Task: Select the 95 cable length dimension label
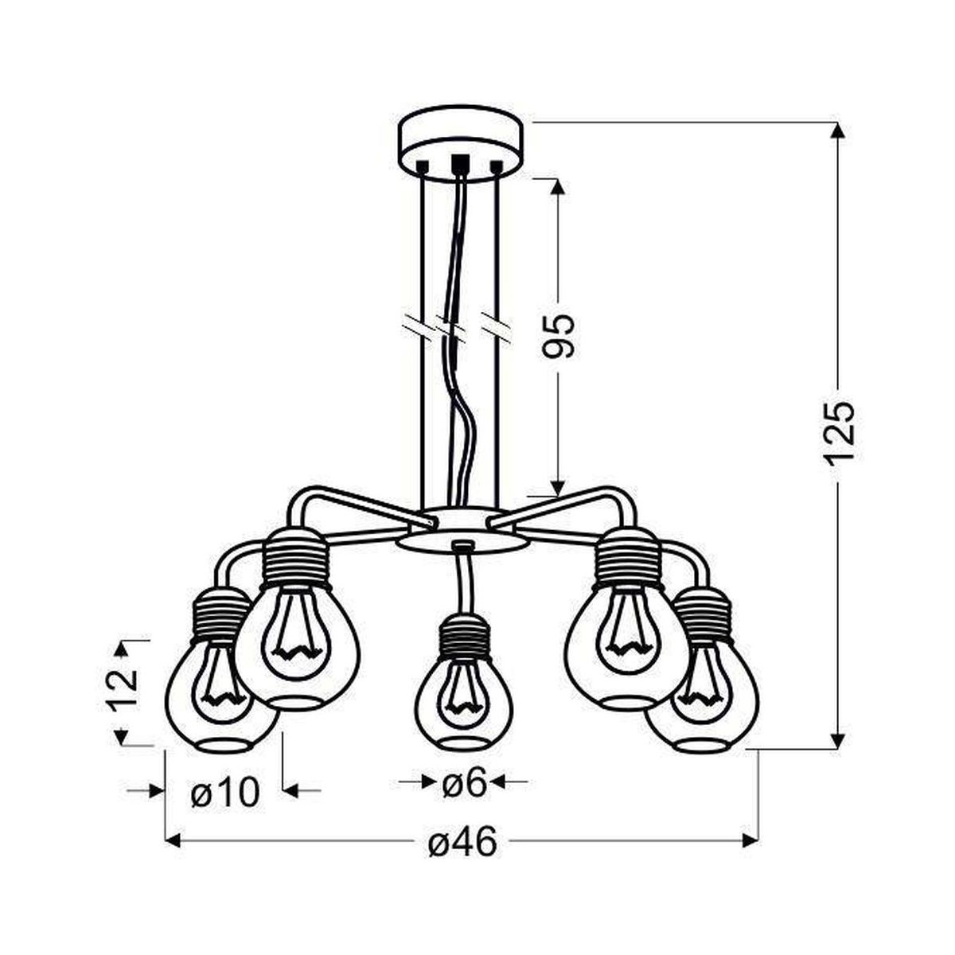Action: point(559,336)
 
